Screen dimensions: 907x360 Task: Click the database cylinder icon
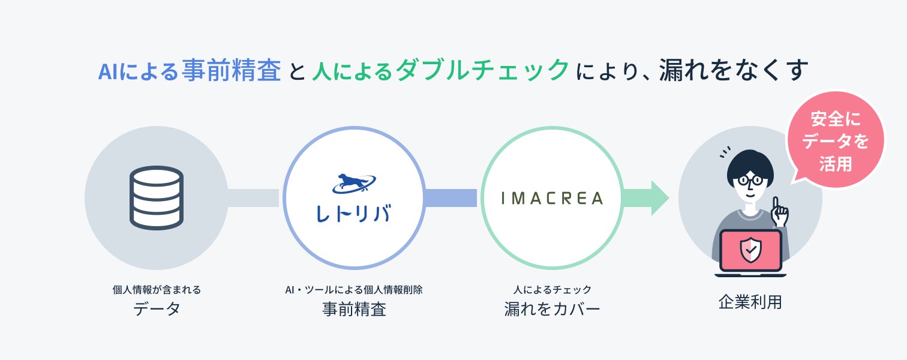coord(156,197)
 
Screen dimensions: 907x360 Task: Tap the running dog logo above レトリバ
coord(353,184)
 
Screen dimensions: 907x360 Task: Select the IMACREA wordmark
coord(552,197)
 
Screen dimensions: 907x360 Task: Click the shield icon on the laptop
coord(750,250)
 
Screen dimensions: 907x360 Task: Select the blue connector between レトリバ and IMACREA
coord(451,197)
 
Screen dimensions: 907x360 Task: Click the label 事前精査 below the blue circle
coord(353,309)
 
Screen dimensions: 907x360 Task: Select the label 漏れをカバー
coord(552,309)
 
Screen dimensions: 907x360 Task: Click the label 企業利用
coord(750,302)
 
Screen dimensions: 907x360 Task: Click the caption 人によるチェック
coord(552,290)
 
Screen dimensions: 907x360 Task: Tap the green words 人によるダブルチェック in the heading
coord(440,71)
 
